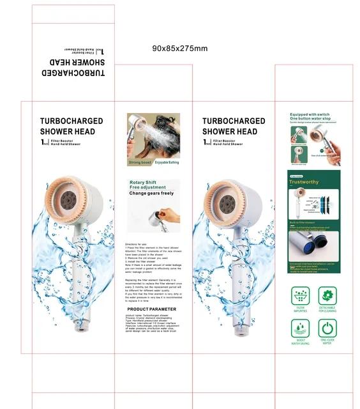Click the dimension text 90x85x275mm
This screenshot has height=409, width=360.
179,49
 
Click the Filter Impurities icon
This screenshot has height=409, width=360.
299,296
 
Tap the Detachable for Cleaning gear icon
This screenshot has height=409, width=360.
327,296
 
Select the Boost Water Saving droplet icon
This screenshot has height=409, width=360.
299,328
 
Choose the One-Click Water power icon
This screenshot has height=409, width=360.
327,328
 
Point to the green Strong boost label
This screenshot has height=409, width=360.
140,162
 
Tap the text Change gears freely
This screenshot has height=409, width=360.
151,193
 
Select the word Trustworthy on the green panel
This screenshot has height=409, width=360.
304,181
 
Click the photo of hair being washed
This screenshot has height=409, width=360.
153,135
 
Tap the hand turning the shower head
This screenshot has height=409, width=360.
170,217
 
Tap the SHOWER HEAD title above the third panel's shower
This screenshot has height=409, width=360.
230,132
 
